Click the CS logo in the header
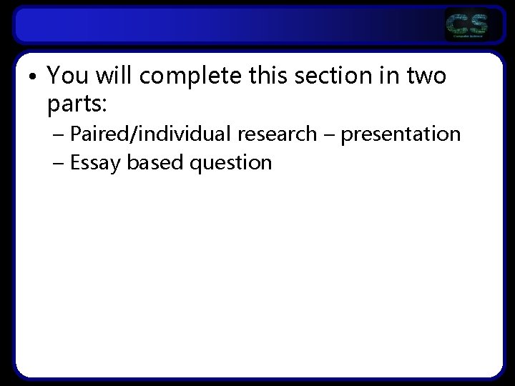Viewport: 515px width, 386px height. (x=467, y=26)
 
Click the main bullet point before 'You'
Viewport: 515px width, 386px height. (x=34, y=76)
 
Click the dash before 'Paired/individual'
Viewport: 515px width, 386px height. (x=57, y=134)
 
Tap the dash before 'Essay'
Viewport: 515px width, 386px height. (x=57, y=163)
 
